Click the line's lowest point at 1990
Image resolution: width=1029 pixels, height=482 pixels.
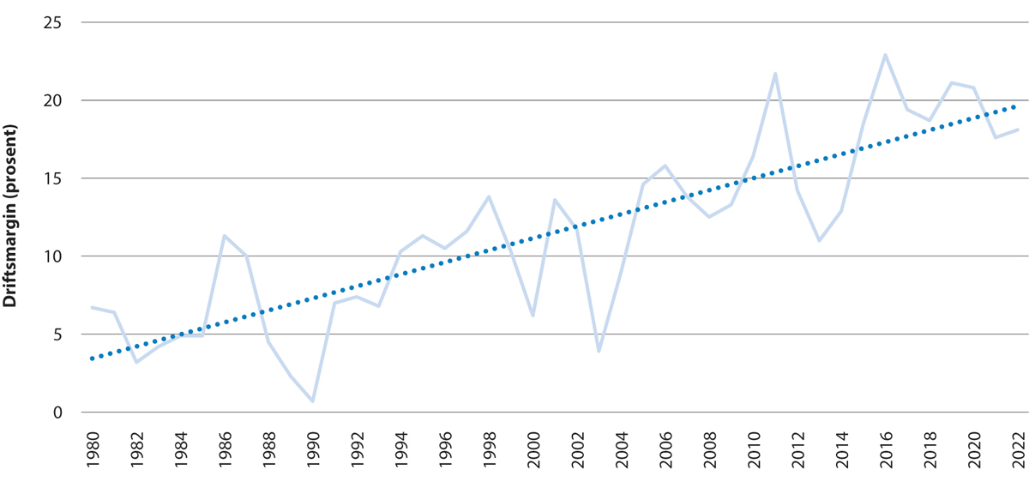coord(313,401)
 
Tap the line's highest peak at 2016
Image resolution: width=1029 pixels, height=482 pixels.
coord(885,55)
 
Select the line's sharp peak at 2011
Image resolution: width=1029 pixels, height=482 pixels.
coord(775,74)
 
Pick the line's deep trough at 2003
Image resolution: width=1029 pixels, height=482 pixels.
coord(599,352)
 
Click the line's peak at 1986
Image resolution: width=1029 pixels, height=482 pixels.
coord(224,236)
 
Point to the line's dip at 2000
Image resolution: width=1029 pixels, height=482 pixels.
coord(533,316)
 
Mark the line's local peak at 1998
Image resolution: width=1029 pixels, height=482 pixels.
coord(489,196)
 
